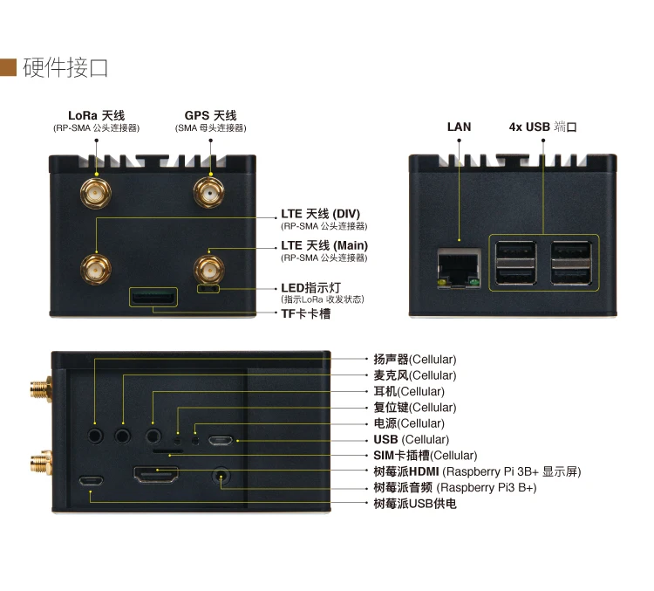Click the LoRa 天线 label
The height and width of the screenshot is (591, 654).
click(x=97, y=115)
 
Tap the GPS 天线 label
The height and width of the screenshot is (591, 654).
click(x=210, y=115)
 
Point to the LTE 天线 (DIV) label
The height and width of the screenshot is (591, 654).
click(x=320, y=214)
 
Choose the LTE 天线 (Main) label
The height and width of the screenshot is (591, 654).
click(x=324, y=245)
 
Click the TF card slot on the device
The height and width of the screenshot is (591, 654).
click(x=153, y=298)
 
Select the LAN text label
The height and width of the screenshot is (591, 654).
click(x=459, y=127)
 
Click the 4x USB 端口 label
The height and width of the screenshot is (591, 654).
click(x=542, y=127)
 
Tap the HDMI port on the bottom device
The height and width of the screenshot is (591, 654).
click(x=156, y=477)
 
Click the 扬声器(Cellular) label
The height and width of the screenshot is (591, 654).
click(x=414, y=360)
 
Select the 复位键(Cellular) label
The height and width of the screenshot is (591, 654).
click(x=414, y=408)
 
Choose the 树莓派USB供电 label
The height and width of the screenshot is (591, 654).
click(x=414, y=504)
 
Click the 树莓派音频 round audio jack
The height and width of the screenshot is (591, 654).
click(x=221, y=478)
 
